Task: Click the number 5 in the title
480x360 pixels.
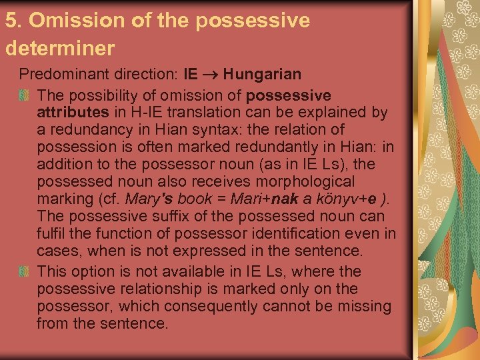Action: (x=11, y=21)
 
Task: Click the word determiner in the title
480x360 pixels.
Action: (x=60, y=49)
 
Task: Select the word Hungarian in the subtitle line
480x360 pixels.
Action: (x=262, y=73)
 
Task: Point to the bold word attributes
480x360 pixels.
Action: (x=72, y=112)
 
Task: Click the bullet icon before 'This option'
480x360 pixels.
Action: (x=25, y=272)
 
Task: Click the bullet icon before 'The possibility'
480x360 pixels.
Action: (x=25, y=95)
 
